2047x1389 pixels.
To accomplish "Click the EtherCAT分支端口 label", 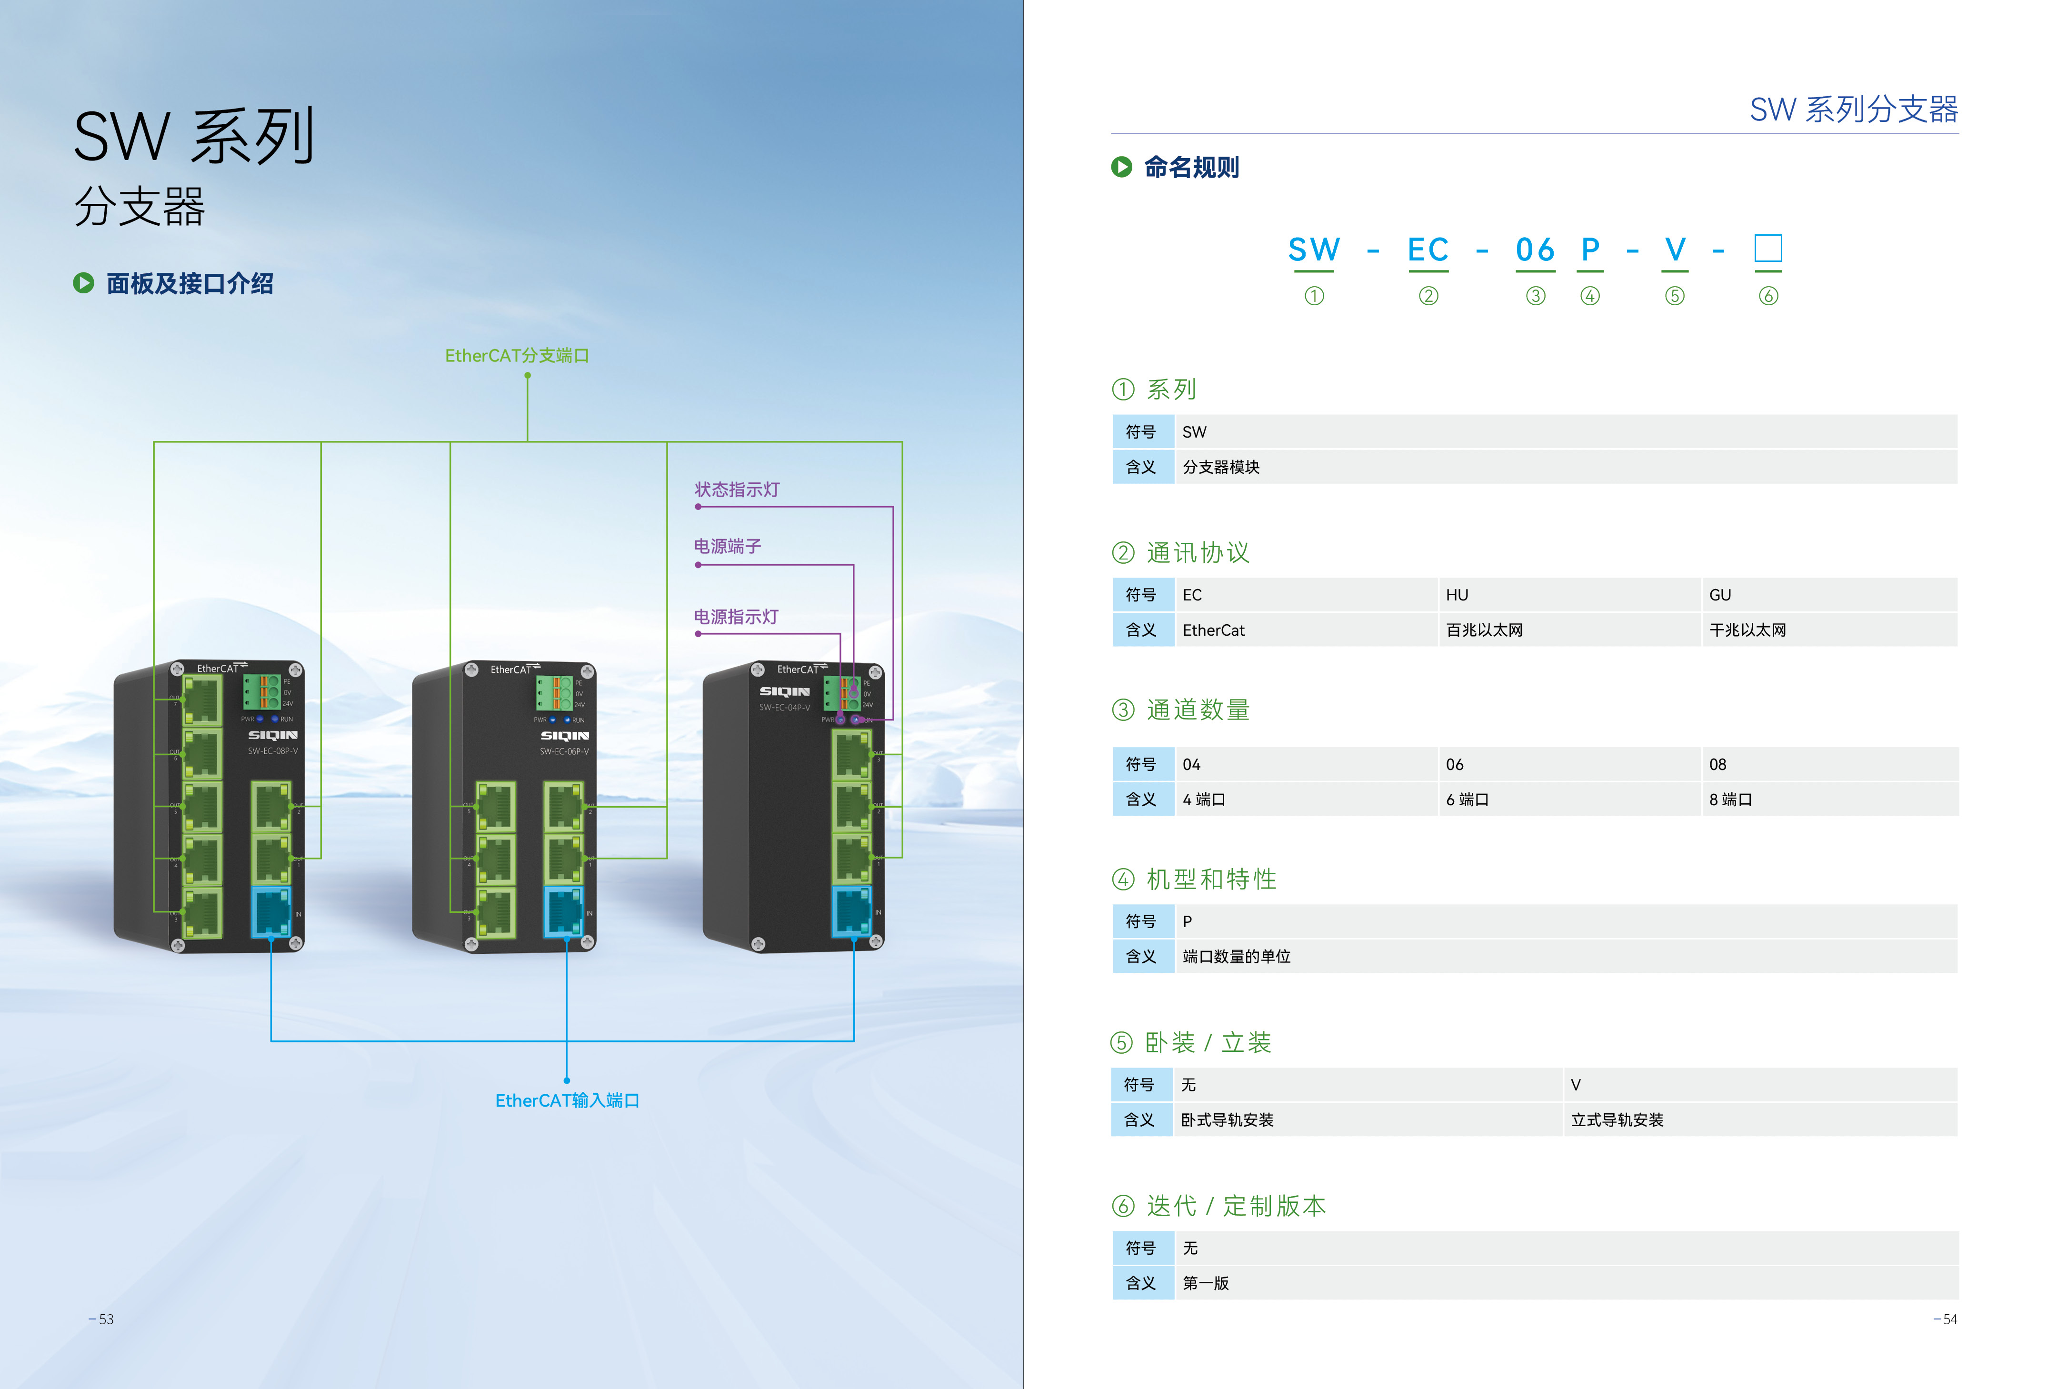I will tap(517, 356).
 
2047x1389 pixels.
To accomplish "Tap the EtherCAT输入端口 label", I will tap(567, 1100).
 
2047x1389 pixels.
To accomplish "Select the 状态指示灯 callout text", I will tap(737, 490).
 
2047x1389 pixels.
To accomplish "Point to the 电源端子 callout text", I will tap(728, 546).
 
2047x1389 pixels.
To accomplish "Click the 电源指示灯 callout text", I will tap(736, 617).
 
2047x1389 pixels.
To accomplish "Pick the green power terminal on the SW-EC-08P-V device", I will tap(261, 692).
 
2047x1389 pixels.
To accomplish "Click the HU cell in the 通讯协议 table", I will tap(1457, 595).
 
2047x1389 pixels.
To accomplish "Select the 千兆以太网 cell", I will tap(1747, 630).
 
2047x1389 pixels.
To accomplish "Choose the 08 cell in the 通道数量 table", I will tap(1717, 765).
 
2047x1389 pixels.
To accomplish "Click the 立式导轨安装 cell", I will tap(1617, 1119).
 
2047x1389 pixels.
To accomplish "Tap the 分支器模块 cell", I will tap(1221, 467).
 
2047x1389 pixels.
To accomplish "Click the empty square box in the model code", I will tap(1768, 249).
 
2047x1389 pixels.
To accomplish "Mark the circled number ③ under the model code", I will tap(1535, 296).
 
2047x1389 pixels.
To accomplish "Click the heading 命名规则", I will tap(1191, 167).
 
